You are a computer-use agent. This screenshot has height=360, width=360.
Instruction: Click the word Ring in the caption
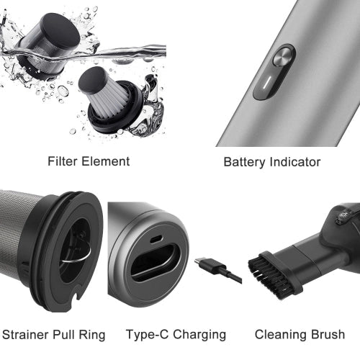92,335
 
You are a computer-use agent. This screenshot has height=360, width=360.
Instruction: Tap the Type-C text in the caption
147,335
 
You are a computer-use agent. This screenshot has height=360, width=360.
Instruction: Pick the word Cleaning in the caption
277,335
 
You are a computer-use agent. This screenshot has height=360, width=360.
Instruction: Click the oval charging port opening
155,263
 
